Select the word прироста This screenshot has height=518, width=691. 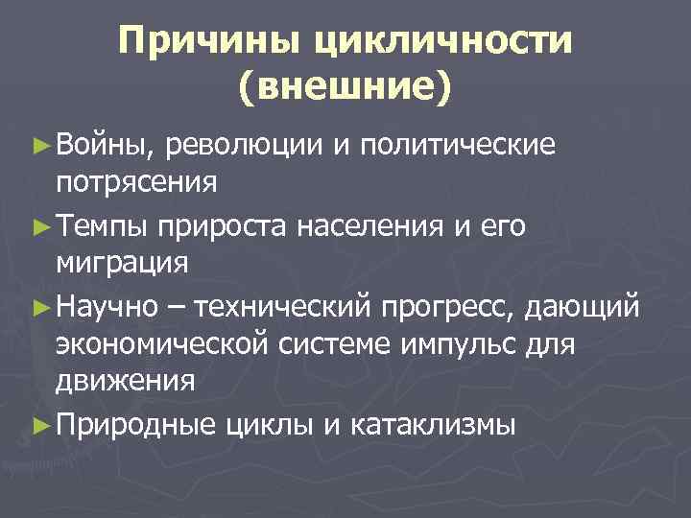[224, 225]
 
